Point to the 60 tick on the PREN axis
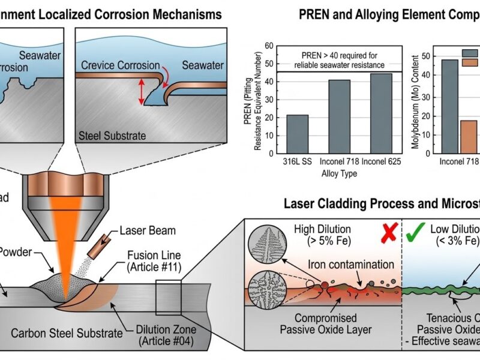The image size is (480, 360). coord(269,46)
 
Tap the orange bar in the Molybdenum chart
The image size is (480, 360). coord(468,137)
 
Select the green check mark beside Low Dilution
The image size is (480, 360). coord(412,233)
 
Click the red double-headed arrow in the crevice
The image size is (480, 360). coord(142,93)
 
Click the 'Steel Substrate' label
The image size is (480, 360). coord(113,136)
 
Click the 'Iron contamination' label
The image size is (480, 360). coord(343,265)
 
